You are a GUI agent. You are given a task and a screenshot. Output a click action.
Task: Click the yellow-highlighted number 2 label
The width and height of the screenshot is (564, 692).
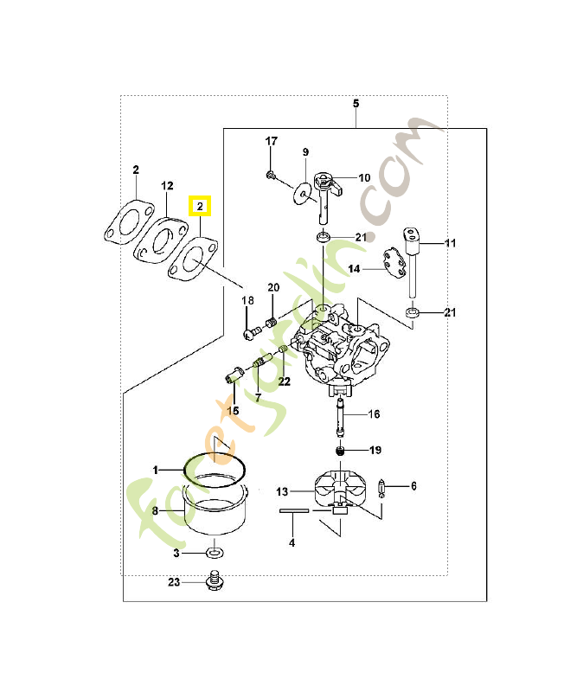click(200, 207)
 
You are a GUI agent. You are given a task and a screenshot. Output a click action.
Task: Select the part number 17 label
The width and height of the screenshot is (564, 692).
click(271, 141)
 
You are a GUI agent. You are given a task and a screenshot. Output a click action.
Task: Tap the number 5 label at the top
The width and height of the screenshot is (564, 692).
click(356, 104)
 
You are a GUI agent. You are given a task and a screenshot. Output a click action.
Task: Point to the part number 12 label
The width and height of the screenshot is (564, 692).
click(168, 186)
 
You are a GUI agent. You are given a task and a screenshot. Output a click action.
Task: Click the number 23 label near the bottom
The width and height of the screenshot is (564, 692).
click(174, 582)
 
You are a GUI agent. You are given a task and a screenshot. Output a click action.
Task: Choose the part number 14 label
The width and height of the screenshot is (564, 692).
click(354, 269)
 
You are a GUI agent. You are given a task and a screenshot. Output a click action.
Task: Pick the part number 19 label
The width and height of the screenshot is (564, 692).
click(375, 450)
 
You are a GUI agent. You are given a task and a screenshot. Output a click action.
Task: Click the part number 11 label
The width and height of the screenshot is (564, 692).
click(450, 244)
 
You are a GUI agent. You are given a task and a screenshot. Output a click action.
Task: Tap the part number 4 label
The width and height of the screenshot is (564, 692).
click(292, 542)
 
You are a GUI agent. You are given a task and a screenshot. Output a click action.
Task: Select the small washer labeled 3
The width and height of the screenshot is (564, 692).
click(215, 552)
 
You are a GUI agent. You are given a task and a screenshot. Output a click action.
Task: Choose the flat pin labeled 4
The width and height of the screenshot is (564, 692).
click(294, 512)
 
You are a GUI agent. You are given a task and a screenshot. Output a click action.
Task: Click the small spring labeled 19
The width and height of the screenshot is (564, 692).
click(343, 451)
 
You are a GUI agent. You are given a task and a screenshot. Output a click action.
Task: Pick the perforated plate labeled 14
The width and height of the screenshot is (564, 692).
click(394, 263)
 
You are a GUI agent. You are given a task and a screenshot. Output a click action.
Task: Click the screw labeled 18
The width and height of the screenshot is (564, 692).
click(252, 330)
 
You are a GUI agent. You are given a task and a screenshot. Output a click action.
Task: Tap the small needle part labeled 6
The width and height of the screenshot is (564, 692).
click(385, 489)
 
